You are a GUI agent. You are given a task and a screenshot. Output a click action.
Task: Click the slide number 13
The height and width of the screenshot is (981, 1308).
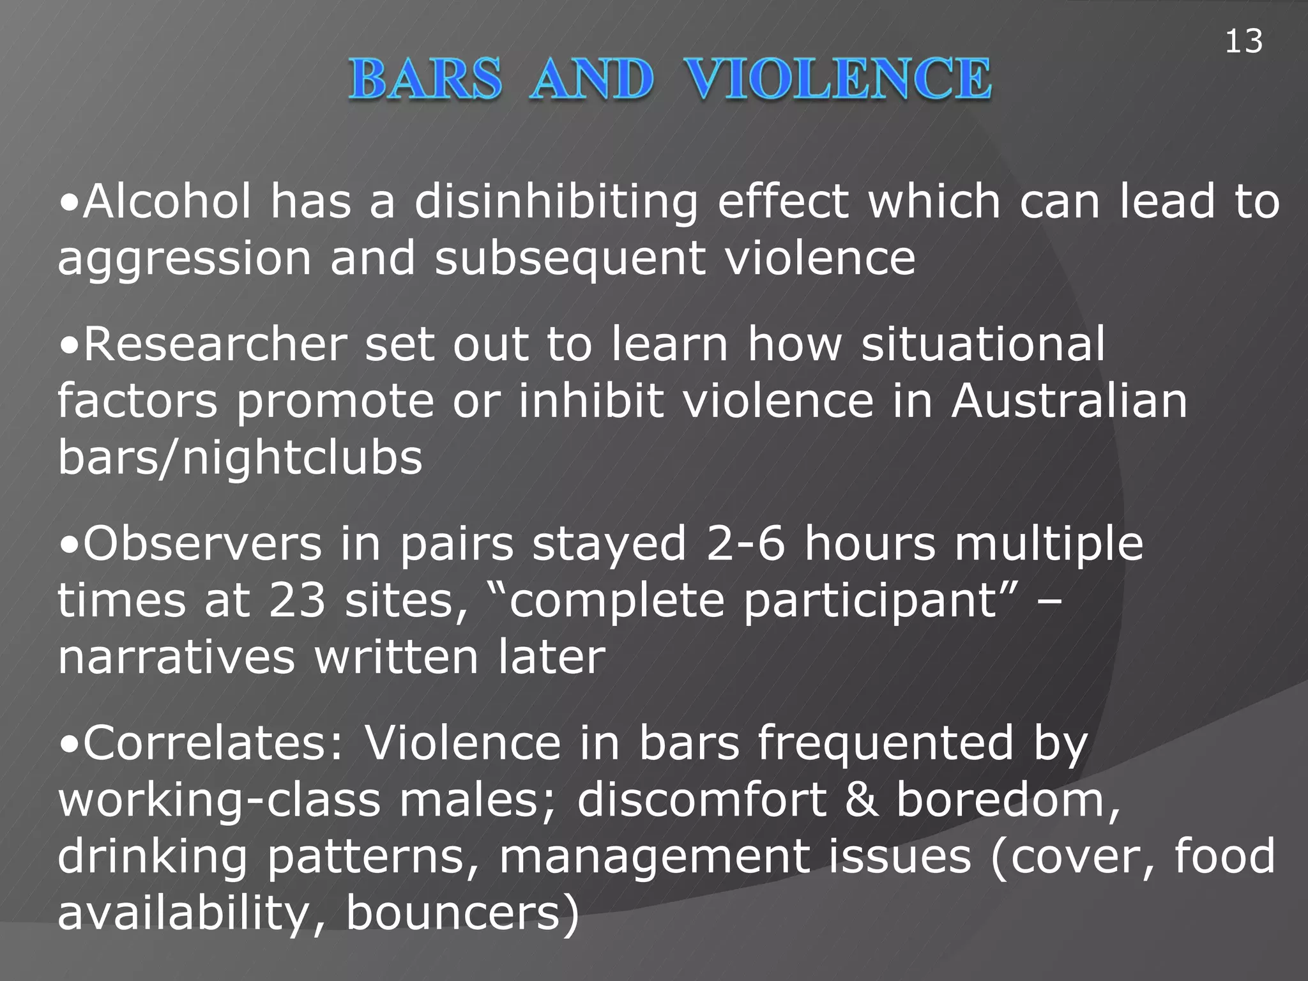[x=1243, y=42]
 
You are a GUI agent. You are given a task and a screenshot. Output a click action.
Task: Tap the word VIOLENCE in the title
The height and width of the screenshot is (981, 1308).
[x=838, y=79]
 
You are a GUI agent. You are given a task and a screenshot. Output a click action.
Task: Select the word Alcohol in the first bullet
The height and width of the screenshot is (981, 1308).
[x=167, y=202]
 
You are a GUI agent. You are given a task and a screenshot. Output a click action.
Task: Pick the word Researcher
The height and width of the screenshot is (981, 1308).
[x=215, y=345]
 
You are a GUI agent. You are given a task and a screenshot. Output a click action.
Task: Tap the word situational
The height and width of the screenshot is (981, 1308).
[x=983, y=345]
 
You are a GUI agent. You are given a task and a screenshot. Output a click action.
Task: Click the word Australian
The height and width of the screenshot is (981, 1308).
[x=1069, y=401]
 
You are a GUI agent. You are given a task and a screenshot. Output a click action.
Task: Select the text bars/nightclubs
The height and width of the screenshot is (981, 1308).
[x=240, y=458]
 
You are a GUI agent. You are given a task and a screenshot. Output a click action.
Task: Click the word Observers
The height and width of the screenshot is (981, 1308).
[x=202, y=544]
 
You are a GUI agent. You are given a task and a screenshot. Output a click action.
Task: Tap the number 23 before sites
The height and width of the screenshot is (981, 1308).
[x=297, y=600]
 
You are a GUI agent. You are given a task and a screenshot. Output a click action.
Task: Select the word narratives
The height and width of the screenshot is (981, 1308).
[x=176, y=658]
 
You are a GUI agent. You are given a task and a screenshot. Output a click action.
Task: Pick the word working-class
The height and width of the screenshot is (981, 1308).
[x=219, y=800]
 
